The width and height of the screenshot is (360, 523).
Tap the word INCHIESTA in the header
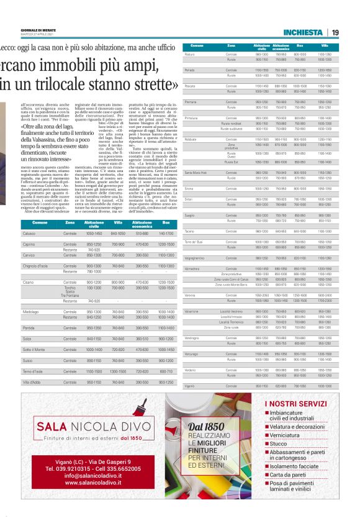point(302,32)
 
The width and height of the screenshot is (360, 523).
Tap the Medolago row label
point(30,311)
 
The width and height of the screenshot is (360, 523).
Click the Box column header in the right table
point(300,46)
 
